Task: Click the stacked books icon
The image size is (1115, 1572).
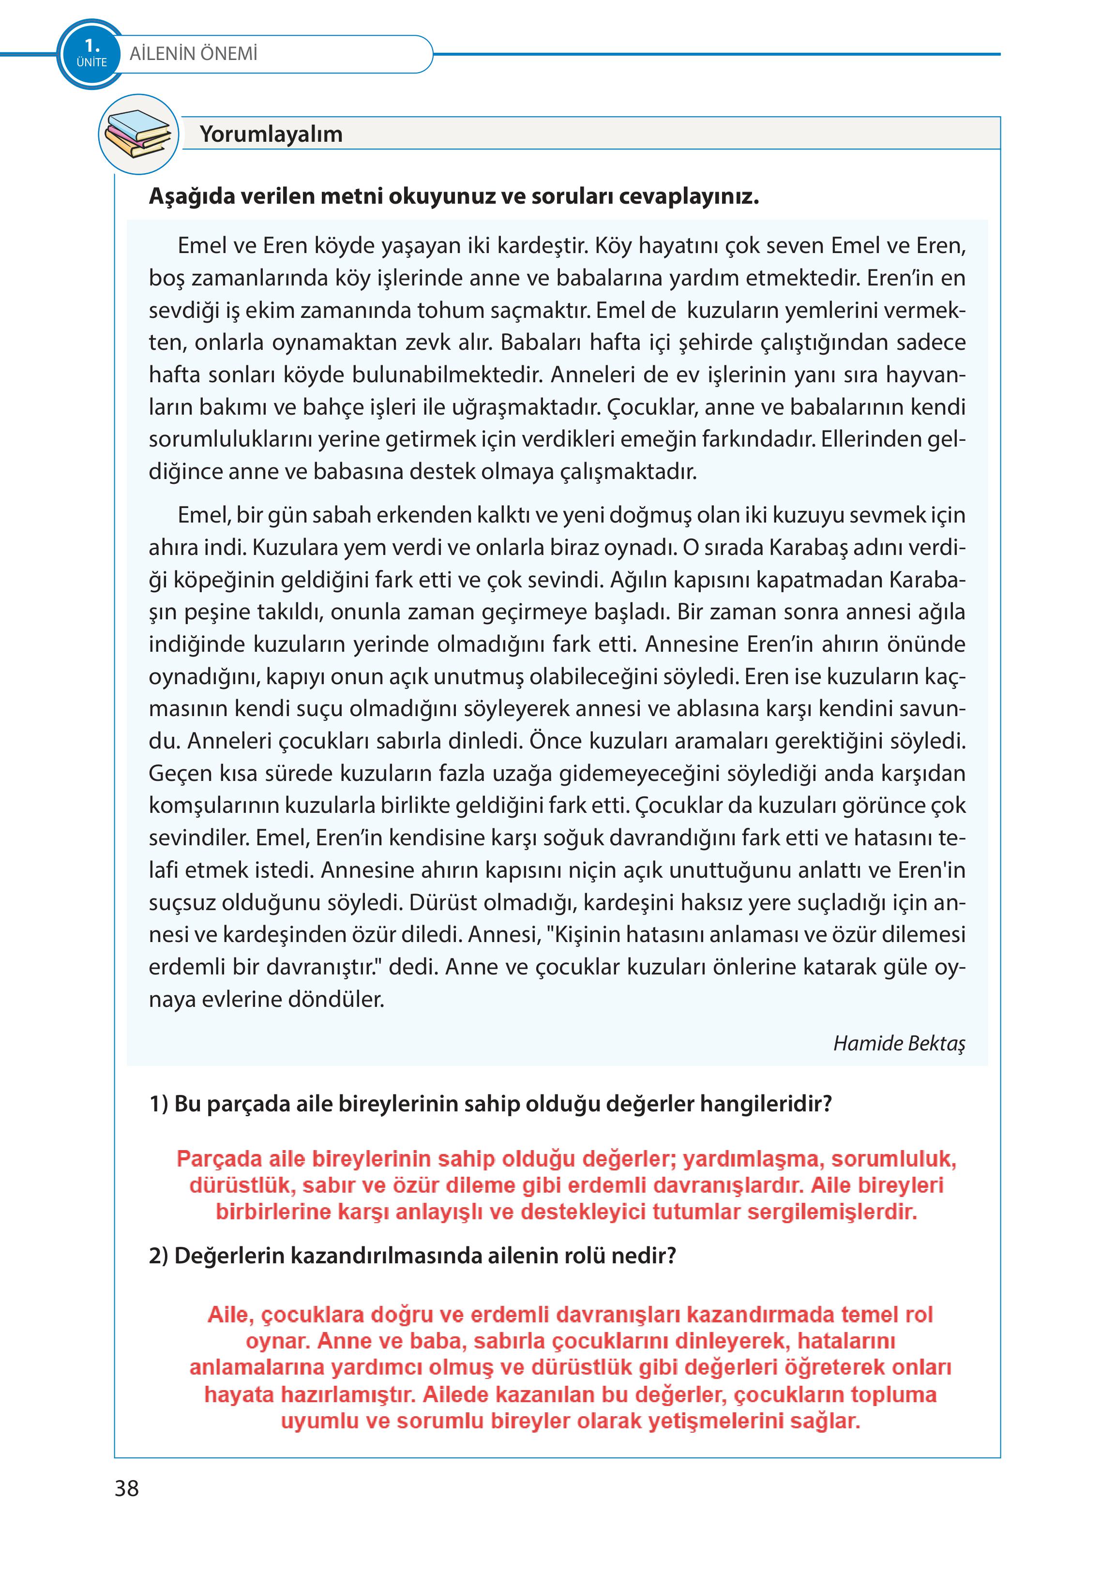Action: point(138,134)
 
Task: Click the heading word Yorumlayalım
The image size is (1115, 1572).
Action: point(271,134)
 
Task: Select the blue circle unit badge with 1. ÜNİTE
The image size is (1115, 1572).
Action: point(91,54)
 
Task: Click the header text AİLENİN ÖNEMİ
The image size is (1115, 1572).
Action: point(193,54)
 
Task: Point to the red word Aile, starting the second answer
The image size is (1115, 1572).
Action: point(231,1315)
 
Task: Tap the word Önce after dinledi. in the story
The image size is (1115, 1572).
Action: point(556,741)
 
